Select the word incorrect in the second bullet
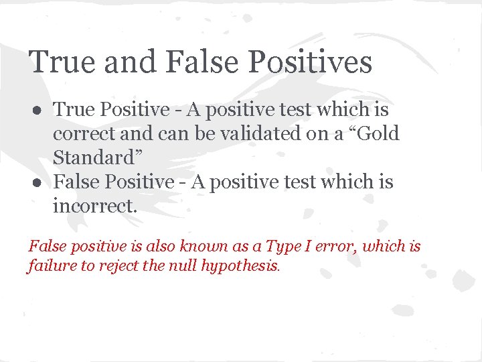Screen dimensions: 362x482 point(94,206)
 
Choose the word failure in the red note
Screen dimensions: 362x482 point(50,266)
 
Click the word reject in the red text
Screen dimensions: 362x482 point(114,266)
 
